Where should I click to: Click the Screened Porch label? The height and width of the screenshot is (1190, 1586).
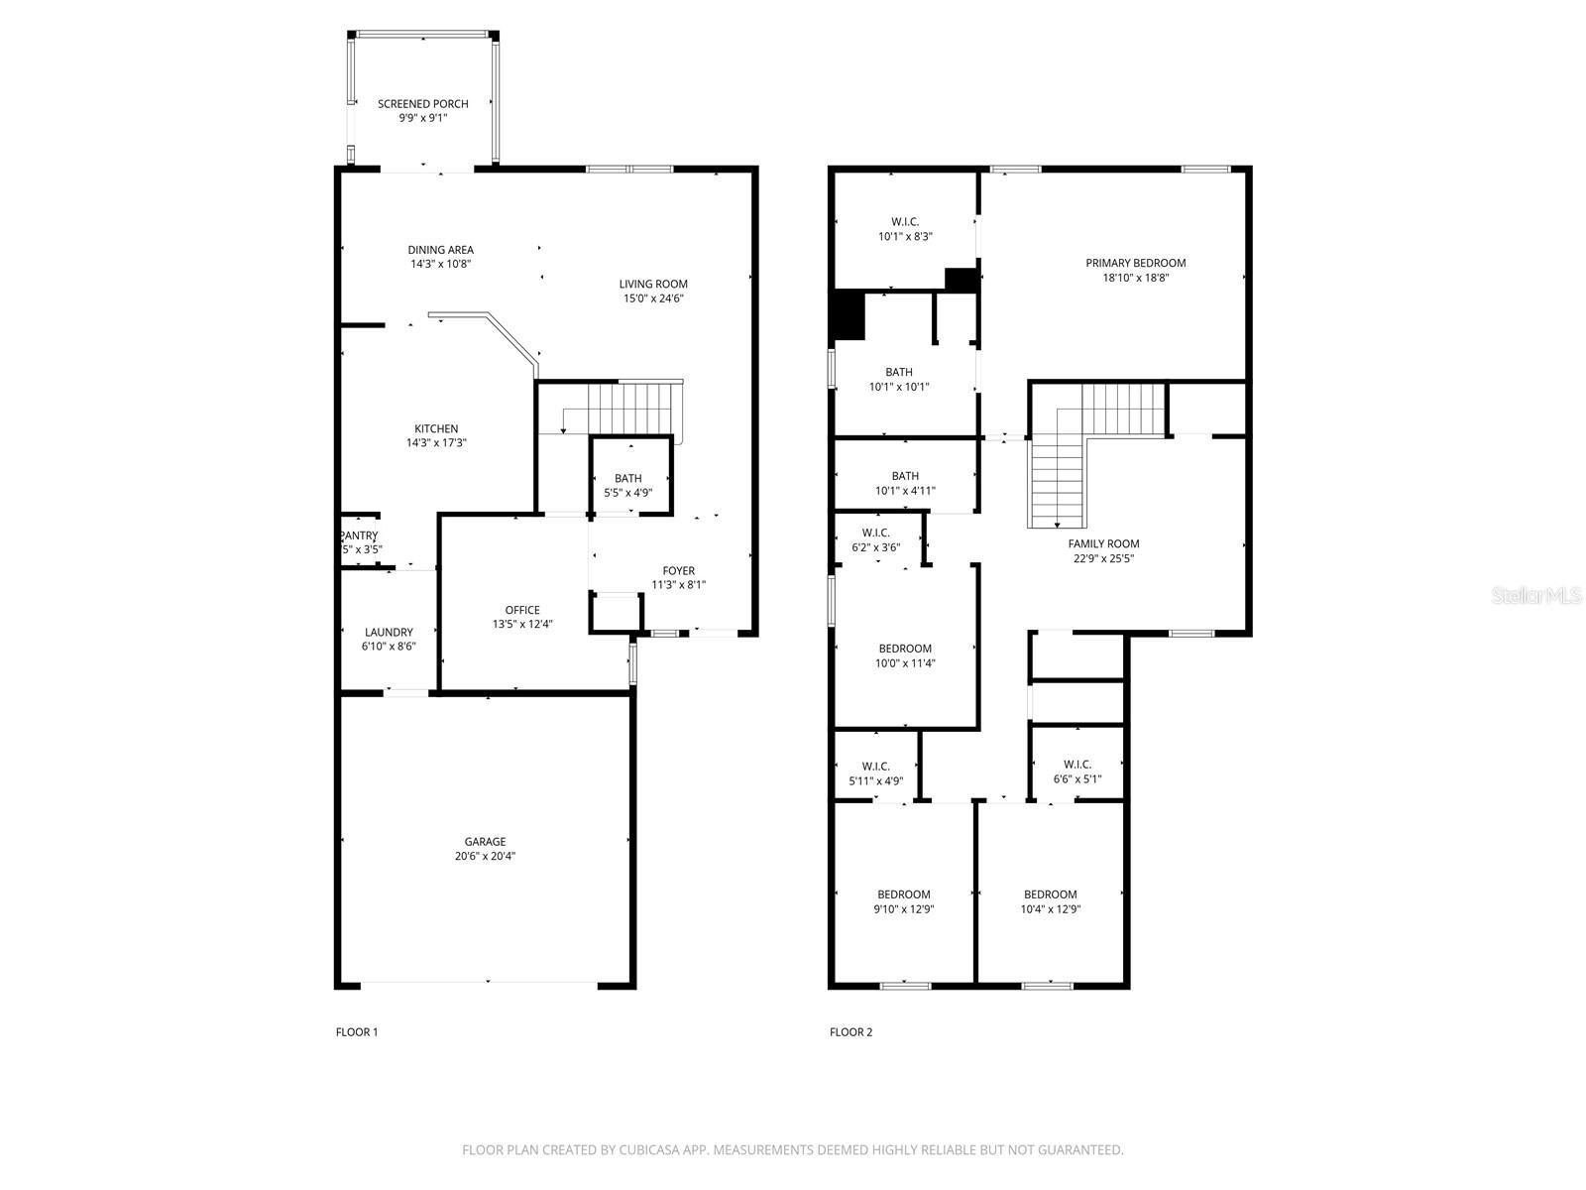pos(422,103)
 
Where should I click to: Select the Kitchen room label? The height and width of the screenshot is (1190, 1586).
pos(436,428)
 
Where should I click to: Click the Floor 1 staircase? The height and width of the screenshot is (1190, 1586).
pos(629,408)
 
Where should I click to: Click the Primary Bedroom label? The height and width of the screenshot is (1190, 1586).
pos(1135,263)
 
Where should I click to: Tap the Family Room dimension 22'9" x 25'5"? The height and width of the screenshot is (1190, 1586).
pos(1103,558)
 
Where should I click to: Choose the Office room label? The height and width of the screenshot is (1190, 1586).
pos(522,610)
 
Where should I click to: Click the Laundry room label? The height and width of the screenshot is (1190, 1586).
pos(389,632)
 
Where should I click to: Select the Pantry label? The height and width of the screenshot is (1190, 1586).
pos(359,535)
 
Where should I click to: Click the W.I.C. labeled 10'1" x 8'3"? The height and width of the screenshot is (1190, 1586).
pos(905,221)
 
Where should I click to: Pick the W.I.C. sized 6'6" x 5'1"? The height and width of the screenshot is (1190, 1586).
pos(1077,765)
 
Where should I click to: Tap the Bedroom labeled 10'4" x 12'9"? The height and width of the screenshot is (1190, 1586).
pos(1050,893)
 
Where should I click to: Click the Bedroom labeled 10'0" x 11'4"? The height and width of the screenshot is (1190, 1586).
pos(904,649)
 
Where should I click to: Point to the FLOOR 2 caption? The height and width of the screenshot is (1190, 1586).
pos(850,1032)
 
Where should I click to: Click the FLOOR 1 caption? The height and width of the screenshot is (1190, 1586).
pos(357,1032)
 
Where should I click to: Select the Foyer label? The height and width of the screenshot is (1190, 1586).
pos(679,570)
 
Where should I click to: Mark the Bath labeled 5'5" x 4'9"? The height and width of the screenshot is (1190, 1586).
pos(627,478)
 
